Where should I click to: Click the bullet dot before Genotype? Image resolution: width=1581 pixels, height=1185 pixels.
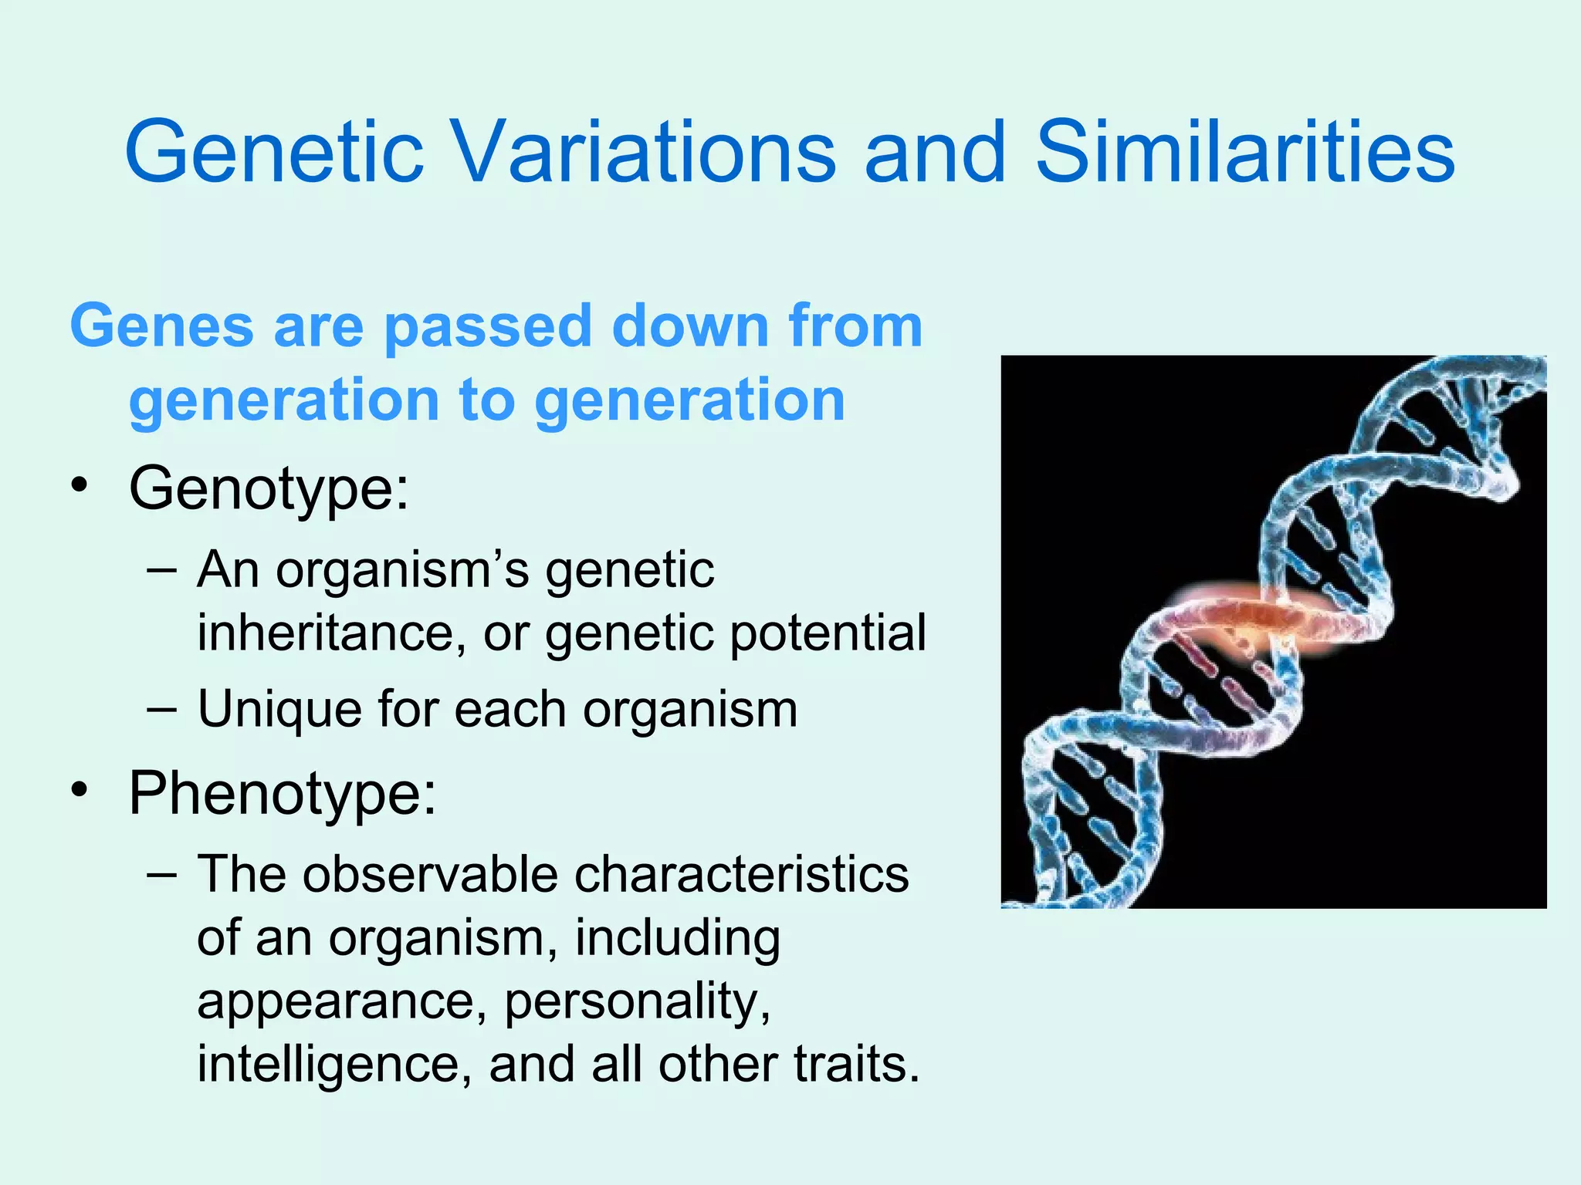pos(79,488)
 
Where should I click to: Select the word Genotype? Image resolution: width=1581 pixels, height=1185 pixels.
pos(269,490)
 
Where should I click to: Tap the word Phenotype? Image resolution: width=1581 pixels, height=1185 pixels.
pos(282,795)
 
